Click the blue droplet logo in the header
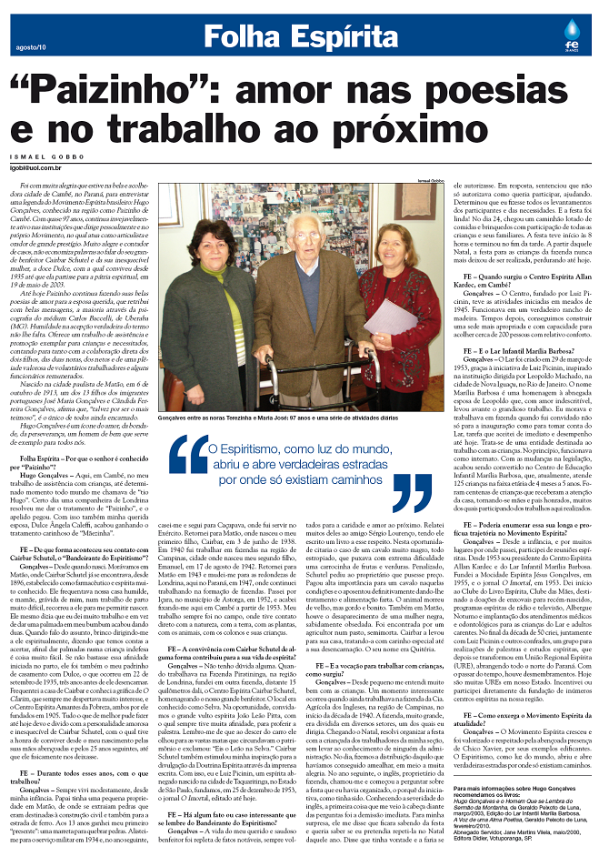coord(570,29)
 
